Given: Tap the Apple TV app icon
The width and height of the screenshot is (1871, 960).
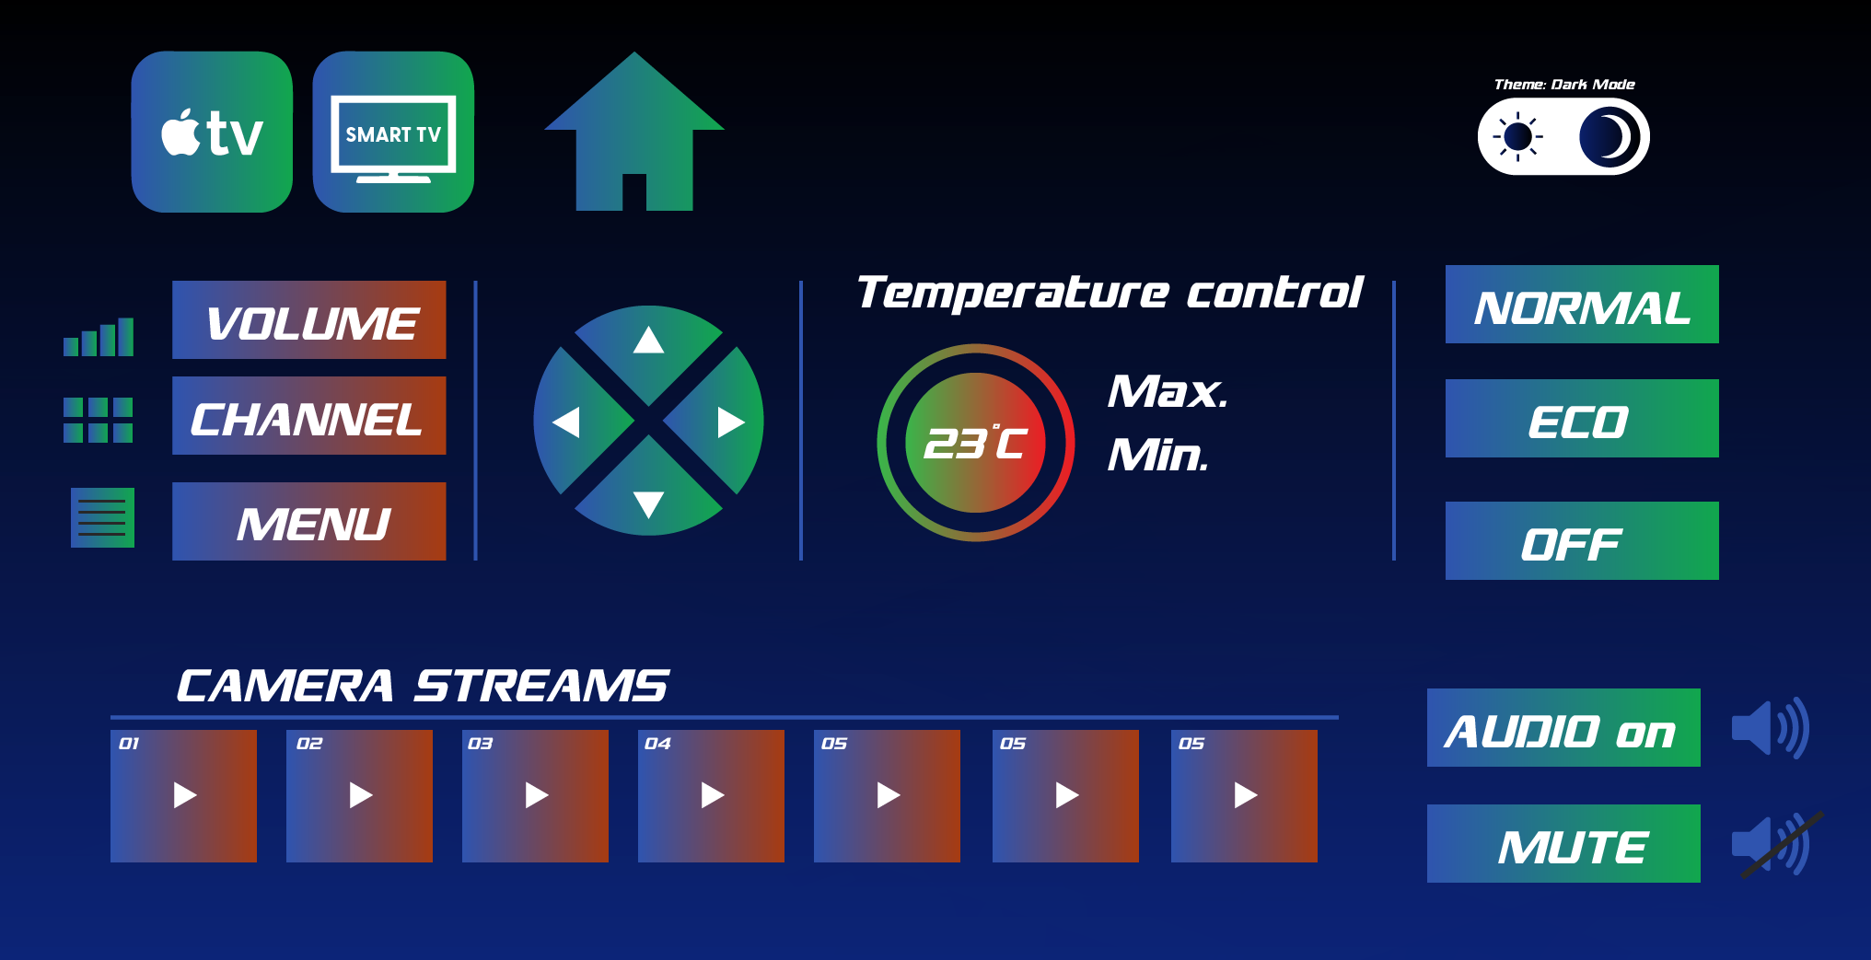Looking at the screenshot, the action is [x=212, y=132].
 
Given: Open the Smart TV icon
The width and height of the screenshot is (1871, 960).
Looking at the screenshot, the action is [x=393, y=132].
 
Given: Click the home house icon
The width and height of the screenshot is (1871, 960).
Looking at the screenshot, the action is [x=634, y=132].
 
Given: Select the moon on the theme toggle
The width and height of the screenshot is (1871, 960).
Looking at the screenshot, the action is [x=1609, y=137].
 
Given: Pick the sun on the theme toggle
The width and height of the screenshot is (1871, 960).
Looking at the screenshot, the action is [x=1517, y=137].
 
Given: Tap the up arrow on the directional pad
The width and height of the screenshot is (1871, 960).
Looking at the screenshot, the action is [x=649, y=340].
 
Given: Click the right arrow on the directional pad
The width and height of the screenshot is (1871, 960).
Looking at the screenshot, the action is [x=731, y=422].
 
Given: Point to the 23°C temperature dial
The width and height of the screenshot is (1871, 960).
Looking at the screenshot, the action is [x=976, y=443].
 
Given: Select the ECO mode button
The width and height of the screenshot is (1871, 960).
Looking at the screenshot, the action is [x=1582, y=418].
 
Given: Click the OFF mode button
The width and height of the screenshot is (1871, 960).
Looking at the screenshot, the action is [x=1582, y=540].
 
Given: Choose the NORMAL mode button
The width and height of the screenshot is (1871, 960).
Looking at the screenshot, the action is [x=1582, y=304].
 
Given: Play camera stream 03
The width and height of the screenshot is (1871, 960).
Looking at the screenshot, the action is [x=535, y=796].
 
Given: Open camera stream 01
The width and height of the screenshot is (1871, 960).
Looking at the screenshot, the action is [x=183, y=796].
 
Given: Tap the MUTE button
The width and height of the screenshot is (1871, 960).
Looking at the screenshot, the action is [x=1563, y=843].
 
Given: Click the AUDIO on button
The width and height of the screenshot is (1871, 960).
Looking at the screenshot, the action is [x=1563, y=727].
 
